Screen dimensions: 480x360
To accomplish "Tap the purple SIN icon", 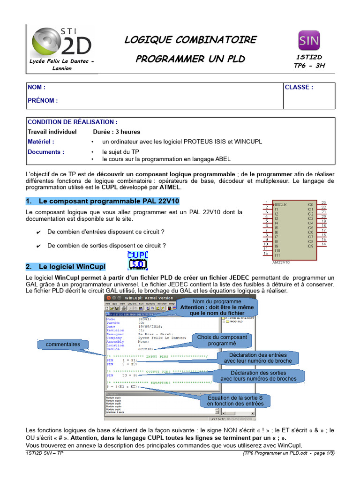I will coord(309,40).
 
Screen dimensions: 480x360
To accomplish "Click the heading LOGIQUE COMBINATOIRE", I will coord(190,40).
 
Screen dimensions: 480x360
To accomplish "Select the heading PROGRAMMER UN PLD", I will coord(190,59).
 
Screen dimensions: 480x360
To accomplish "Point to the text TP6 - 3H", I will coord(309,66).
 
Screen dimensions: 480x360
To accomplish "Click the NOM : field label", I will coord(37,87).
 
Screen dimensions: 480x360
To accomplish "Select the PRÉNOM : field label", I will coord(43,100).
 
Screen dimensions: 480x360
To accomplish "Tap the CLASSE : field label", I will coord(299,87).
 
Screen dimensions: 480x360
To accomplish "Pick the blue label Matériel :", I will coord(41,142).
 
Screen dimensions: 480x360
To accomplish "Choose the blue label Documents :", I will coord(46,152).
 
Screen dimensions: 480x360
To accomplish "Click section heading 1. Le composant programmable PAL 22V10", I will coord(102,201).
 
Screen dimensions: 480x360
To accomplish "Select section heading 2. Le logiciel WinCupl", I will coord(66,267).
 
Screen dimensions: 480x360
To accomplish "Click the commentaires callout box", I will coord(63,345).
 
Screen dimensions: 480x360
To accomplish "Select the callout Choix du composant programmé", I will coord(222,340).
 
